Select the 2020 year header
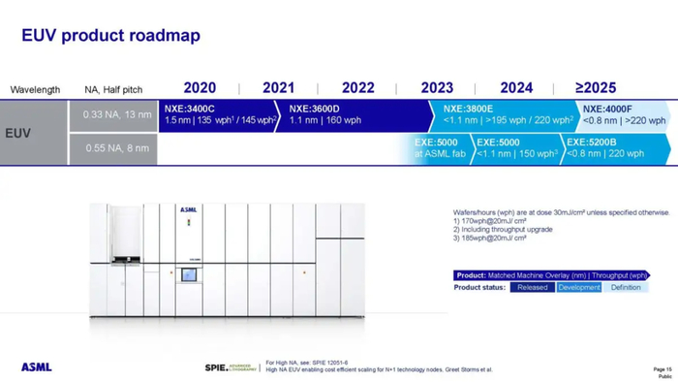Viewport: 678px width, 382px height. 200,87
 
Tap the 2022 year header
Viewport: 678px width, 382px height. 357,87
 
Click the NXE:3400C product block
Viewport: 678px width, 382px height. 221,114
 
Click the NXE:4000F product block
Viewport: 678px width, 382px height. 624,114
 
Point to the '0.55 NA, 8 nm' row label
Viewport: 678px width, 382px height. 117,148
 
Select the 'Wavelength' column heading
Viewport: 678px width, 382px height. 35,89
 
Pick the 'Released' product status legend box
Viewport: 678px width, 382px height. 532,288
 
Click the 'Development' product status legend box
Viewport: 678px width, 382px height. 578,288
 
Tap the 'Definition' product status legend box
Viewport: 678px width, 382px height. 627,288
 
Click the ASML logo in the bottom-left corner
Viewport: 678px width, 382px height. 36,367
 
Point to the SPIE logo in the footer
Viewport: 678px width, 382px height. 229,367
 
